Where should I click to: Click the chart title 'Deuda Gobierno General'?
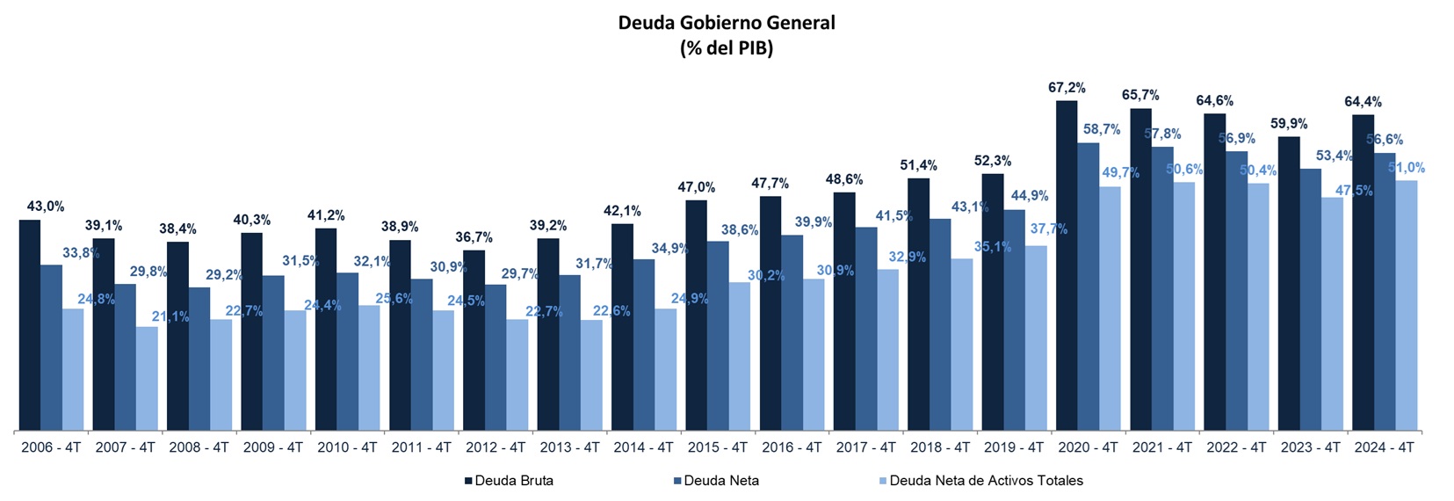(x=727, y=23)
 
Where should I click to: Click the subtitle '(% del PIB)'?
(x=727, y=48)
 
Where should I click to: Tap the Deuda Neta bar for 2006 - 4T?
(x=51, y=347)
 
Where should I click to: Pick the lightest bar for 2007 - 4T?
(x=147, y=379)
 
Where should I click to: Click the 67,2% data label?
(x=1067, y=88)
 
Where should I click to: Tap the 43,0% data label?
(x=46, y=207)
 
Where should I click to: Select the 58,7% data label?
(x=1102, y=129)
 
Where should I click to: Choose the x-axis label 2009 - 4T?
(x=273, y=447)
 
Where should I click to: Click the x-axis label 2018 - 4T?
(x=940, y=447)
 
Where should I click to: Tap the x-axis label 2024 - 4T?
(x=1384, y=447)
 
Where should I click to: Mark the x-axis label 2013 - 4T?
(x=569, y=447)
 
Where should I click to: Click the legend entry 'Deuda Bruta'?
(x=514, y=481)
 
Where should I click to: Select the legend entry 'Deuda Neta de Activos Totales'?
(x=986, y=481)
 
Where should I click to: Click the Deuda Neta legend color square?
(x=677, y=481)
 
